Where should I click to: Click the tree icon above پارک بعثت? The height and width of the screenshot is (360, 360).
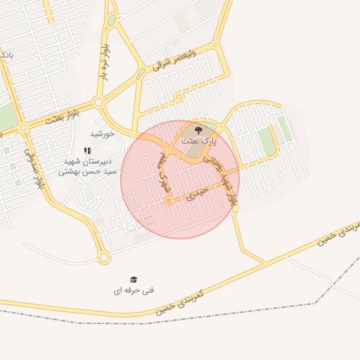(198, 129)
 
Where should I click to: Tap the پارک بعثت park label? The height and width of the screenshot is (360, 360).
(200, 141)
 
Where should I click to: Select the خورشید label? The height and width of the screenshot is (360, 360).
(102, 134)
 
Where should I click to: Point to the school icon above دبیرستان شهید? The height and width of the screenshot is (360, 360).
(87, 150)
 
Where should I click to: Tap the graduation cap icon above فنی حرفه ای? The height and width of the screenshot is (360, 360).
(134, 280)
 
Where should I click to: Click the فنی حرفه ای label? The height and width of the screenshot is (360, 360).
(134, 290)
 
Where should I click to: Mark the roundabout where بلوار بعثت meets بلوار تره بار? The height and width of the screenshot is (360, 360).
(98, 102)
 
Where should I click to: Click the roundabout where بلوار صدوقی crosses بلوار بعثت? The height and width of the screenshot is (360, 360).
(23, 127)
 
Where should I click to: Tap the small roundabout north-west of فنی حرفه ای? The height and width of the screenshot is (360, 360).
(104, 258)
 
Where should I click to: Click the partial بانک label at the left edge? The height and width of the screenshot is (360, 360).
(6, 54)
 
